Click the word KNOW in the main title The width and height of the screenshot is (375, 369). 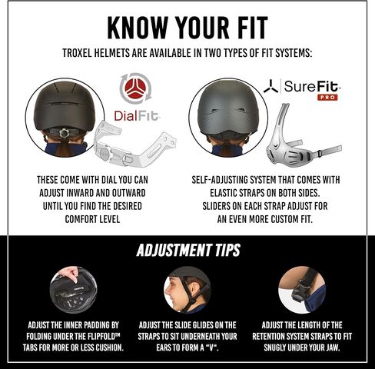pyautogui.click(x=138, y=28)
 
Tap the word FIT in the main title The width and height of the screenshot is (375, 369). pyautogui.click(x=251, y=28)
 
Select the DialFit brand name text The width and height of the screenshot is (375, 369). pyautogui.click(x=137, y=116)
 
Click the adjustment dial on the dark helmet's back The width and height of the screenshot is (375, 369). pyautogui.click(x=63, y=133)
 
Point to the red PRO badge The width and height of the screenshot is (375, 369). pyautogui.click(x=327, y=98)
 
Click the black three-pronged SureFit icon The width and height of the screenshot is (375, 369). pyautogui.click(x=270, y=86)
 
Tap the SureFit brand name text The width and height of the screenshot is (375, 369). pyautogui.click(x=312, y=86)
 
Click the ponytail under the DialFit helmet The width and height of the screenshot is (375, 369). pyautogui.click(x=63, y=148)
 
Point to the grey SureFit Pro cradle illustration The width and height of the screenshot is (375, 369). pyautogui.click(x=300, y=135)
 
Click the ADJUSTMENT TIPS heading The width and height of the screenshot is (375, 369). pyautogui.click(x=188, y=250)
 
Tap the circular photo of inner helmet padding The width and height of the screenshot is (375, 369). pyautogui.click(x=73, y=290)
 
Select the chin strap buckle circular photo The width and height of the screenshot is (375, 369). pyautogui.click(x=302, y=290)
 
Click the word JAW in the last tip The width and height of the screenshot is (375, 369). pyautogui.click(x=332, y=347)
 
